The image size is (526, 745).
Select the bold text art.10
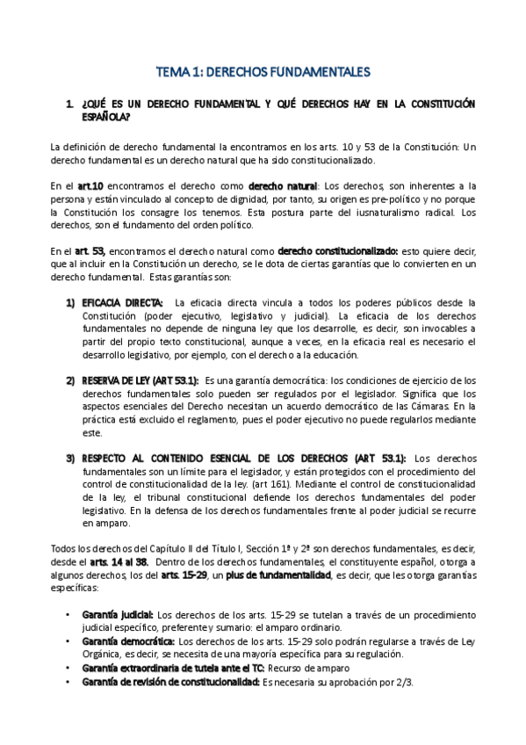[90, 186]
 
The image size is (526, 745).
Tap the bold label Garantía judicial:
[117, 613]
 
